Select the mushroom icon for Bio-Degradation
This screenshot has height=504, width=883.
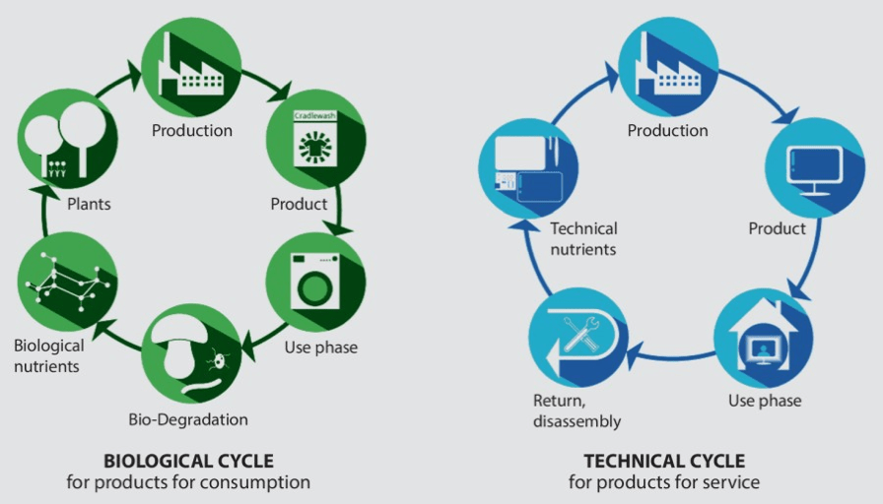(x=191, y=351)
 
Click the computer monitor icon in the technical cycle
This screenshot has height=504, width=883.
(x=813, y=167)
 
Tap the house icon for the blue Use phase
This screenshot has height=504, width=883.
(x=763, y=337)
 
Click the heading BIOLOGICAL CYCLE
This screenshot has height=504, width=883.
(x=188, y=461)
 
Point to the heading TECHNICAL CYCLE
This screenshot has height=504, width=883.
(x=664, y=461)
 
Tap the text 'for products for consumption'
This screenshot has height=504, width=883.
(x=188, y=482)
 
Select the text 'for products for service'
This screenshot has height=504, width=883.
(x=664, y=482)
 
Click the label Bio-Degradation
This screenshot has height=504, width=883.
(x=188, y=419)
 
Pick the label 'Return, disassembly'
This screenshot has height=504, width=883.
(x=577, y=411)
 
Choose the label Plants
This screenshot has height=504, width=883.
(x=89, y=205)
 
